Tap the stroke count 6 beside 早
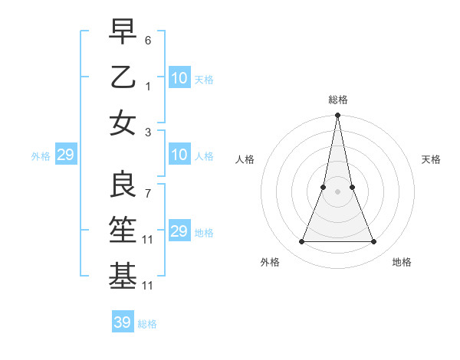pyautogui.click(x=148, y=39)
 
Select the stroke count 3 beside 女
pyautogui.click(x=148, y=132)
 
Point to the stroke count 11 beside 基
pyautogui.click(x=148, y=286)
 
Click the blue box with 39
pyautogui.click(x=123, y=322)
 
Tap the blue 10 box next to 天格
pyautogui.click(x=179, y=78)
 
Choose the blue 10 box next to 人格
pyautogui.click(x=179, y=155)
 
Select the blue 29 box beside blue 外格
pyautogui.click(x=65, y=155)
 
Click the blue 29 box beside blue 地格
pyautogui.click(x=179, y=231)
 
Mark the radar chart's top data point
pyautogui.click(x=337, y=116)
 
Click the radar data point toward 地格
pyautogui.click(x=373, y=242)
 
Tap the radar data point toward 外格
pyautogui.click(x=301, y=242)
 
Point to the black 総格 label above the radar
pyautogui.click(x=337, y=100)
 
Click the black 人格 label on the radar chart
pyautogui.click(x=245, y=159)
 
